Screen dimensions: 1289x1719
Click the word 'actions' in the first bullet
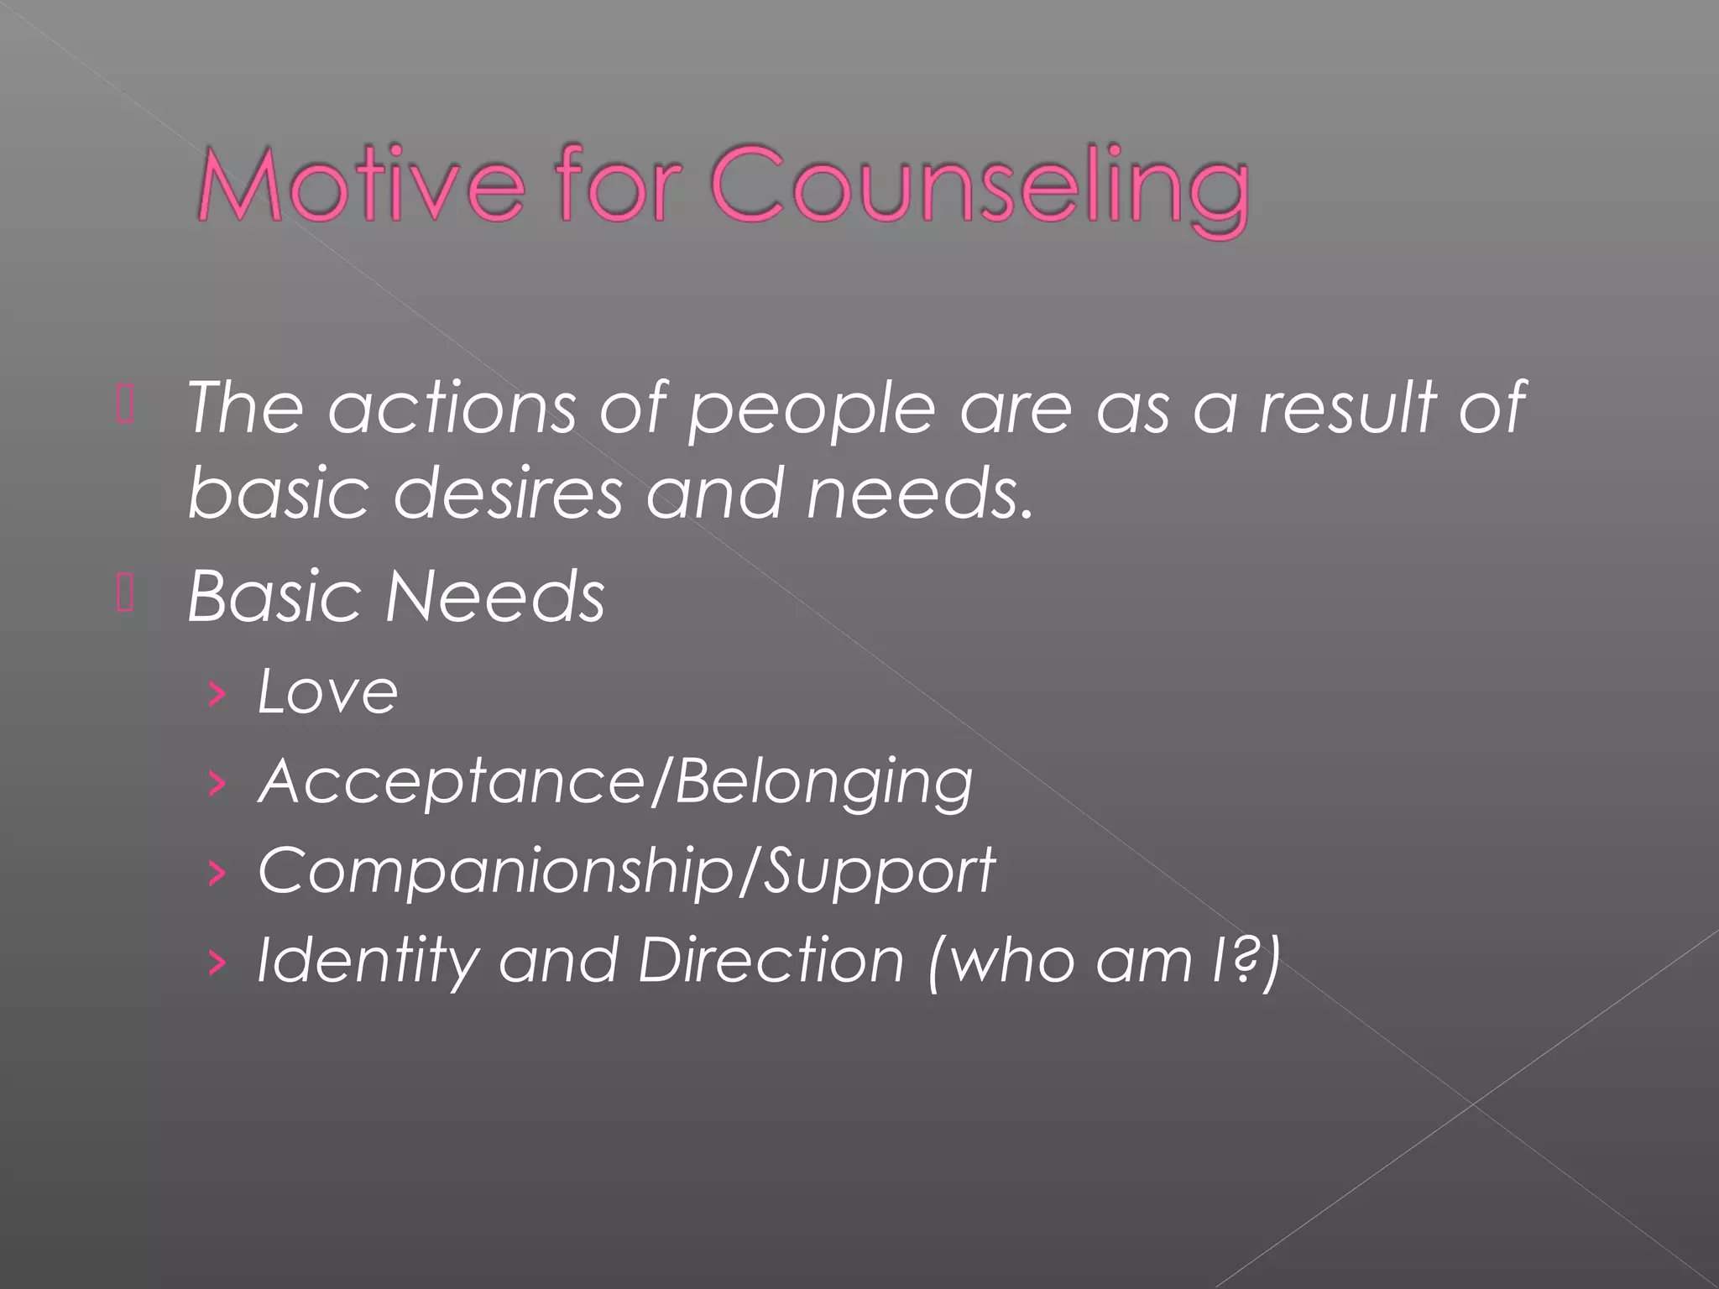(452, 409)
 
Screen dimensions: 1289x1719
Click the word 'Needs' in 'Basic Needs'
(495, 598)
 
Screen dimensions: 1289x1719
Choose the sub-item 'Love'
(328, 692)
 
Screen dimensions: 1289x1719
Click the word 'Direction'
(771, 959)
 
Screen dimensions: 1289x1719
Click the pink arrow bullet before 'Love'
(217, 694)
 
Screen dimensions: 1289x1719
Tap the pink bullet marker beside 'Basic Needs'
(125, 597)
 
